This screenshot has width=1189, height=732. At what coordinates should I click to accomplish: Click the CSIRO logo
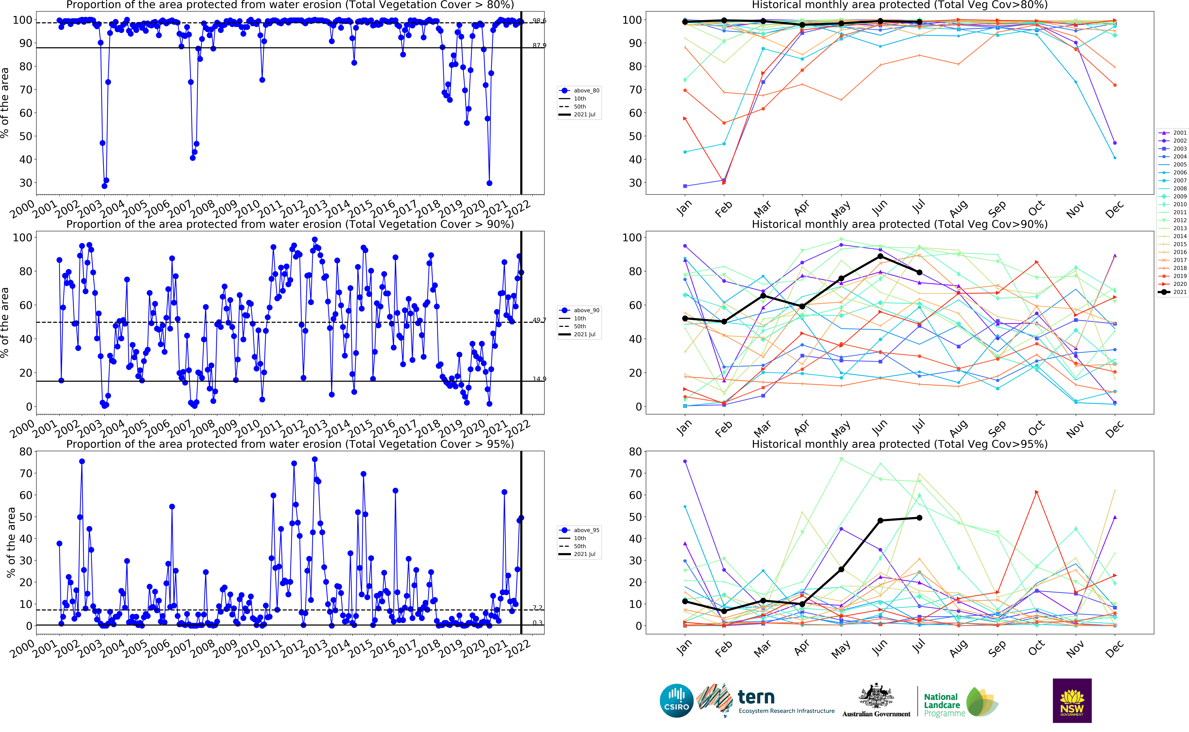pos(676,701)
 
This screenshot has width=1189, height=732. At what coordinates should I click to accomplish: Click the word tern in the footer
pos(756,697)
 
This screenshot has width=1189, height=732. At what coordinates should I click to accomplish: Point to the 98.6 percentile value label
pos(539,21)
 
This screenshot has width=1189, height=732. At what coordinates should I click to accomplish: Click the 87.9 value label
pos(539,45)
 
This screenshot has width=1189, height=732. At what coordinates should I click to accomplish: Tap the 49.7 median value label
pos(539,320)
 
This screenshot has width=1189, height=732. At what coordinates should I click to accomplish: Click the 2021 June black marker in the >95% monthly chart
pos(880,520)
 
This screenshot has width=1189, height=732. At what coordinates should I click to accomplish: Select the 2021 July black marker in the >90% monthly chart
pos(919,273)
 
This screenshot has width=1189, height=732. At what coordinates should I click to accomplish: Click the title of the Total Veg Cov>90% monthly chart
pos(899,224)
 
